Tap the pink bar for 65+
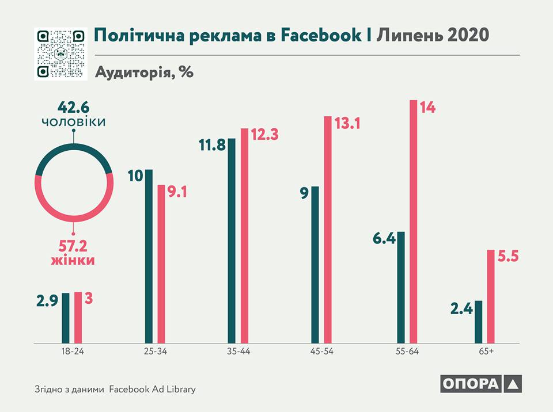tap(490, 296)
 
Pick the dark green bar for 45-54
tap(315, 265)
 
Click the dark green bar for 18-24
tap(66, 318)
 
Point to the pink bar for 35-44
tap(244, 235)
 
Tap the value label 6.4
tap(384, 238)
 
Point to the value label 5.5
tap(508, 256)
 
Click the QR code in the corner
tap(60, 54)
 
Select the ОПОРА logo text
tap(471, 384)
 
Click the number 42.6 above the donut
tap(74, 108)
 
